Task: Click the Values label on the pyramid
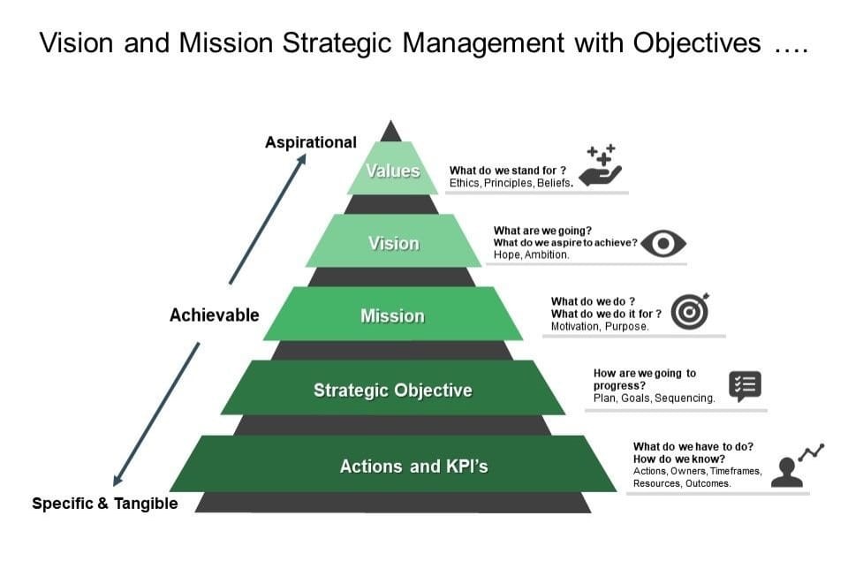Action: pos(393,171)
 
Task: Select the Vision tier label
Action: pos(393,243)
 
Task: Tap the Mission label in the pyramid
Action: pos(392,315)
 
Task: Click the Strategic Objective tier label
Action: pos(392,390)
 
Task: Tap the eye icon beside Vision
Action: pos(663,244)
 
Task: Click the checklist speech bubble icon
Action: pos(745,386)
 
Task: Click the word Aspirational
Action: pos(311,142)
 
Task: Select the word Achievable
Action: pos(215,315)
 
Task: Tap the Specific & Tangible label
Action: pos(105,504)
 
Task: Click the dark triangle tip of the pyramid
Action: pos(390,133)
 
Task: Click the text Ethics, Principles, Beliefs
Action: pos(511,183)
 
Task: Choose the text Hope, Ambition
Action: pos(531,254)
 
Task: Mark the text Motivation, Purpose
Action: pos(600,326)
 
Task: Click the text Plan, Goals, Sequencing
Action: pos(654,398)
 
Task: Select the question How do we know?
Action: pos(679,459)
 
